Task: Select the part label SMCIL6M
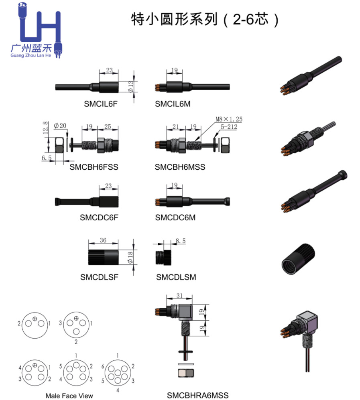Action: pyautogui.click(x=173, y=104)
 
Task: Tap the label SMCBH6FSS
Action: pyautogui.click(x=94, y=167)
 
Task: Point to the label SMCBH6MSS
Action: pyautogui.click(x=180, y=167)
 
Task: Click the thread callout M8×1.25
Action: pyautogui.click(x=229, y=120)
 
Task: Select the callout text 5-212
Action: pyautogui.click(x=229, y=127)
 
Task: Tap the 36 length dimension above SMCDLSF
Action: pyautogui.click(x=103, y=241)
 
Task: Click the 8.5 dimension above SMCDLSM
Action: pyautogui.click(x=180, y=241)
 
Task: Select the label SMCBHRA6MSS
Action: pyautogui.click(x=197, y=395)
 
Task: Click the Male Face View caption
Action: pyautogui.click(x=69, y=396)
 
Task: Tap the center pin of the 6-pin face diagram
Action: pyautogui.click(x=117, y=372)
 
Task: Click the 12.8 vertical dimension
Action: pyautogui.click(x=45, y=128)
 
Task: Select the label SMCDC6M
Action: pyautogui.click(x=175, y=218)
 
